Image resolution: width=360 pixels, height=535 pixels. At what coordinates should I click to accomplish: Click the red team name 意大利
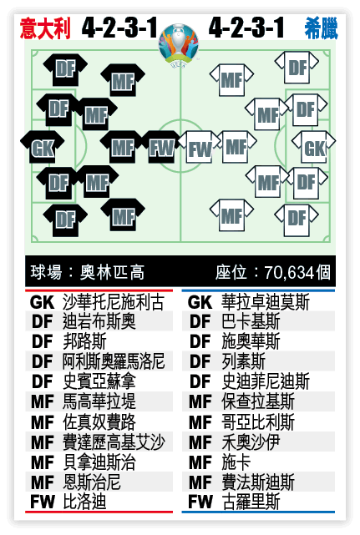45,28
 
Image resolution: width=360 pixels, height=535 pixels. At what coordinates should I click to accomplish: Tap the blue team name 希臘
321,28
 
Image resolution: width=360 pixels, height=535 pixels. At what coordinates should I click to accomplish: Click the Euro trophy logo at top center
179,44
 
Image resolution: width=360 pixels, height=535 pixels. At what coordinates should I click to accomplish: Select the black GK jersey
43,148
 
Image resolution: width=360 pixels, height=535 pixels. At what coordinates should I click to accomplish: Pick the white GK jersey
314,147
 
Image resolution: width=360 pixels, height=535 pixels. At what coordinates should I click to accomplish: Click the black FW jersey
161,148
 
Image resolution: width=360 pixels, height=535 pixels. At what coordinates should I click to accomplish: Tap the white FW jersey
200,148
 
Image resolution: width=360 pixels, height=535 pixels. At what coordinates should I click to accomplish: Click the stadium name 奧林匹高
112,272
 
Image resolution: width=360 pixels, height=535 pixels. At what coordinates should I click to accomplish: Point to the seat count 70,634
289,273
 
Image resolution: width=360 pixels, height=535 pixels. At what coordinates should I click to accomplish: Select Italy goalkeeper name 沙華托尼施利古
114,302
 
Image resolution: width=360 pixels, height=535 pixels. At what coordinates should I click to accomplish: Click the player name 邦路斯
84,341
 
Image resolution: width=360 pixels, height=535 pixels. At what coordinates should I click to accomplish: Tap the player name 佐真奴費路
99,421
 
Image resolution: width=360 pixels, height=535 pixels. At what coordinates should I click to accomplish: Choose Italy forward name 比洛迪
84,502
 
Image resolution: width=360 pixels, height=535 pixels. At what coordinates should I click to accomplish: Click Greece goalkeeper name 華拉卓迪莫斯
266,302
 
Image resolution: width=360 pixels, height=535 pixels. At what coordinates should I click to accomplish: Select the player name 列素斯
244,361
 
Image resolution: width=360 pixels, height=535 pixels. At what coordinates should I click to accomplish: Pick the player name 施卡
236,462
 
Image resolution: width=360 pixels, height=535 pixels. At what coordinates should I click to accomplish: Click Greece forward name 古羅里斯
251,502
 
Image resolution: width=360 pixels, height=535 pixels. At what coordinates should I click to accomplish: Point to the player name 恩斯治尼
92,482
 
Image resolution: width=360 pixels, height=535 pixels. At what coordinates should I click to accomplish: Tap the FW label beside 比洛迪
43,502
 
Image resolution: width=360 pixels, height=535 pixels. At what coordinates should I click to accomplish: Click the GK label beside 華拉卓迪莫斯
200,302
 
